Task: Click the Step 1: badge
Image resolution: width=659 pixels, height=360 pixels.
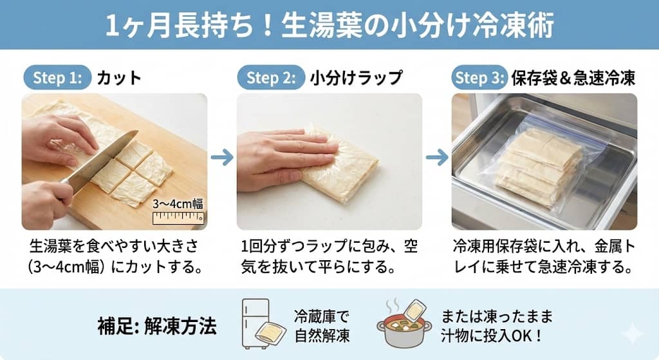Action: coord(57,78)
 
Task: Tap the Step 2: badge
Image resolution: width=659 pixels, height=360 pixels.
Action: coord(271,78)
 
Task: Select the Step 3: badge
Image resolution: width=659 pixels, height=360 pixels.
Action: coord(479,78)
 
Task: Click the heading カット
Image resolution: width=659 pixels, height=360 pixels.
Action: coord(119,78)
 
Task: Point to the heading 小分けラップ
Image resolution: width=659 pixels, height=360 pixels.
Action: coord(356,78)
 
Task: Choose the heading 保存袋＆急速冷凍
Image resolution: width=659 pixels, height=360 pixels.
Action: coord(573,78)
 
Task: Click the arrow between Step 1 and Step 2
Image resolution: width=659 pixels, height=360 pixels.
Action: coord(222,157)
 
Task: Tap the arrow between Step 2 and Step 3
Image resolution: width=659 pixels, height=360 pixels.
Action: coord(437,157)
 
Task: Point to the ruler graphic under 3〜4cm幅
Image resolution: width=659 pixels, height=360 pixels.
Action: coord(178,218)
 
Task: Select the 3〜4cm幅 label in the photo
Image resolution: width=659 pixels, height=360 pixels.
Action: coord(178,204)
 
